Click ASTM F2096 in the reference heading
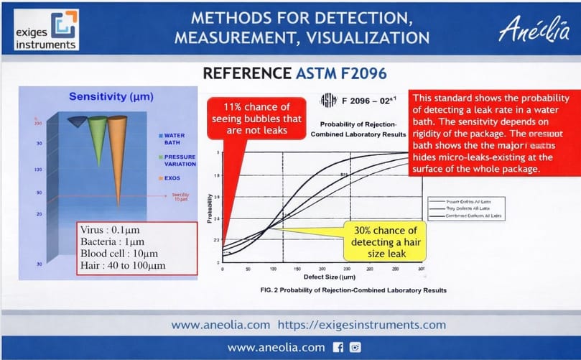(x=340, y=73)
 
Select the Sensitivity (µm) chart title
(x=111, y=96)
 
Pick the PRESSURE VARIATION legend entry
(x=180, y=160)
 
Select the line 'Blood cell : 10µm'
(x=119, y=254)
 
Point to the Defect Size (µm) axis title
(x=320, y=276)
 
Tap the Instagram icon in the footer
(x=355, y=347)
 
